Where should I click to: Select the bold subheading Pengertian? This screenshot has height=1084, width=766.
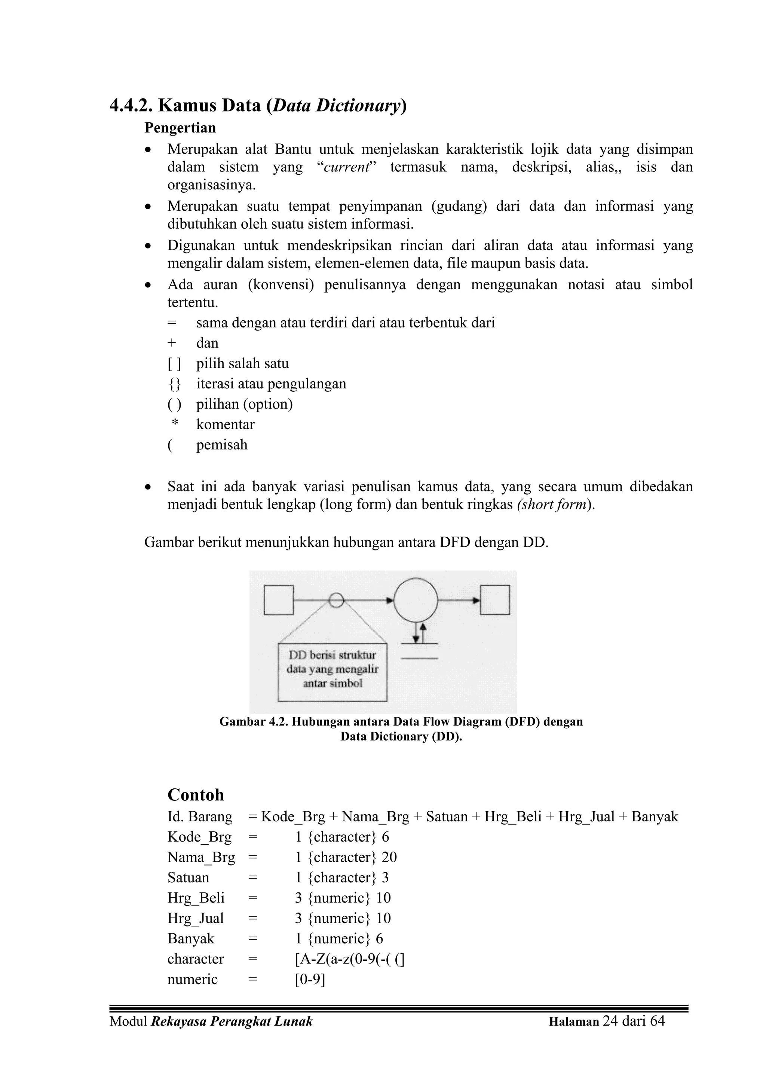coord(180,128)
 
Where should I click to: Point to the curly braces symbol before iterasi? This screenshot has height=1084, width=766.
coord(174,384)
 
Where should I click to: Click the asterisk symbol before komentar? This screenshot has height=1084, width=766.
coord(175,424)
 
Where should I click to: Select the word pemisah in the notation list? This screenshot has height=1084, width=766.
coord(221,445)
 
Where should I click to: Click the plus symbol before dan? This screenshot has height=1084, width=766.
coord(172,343)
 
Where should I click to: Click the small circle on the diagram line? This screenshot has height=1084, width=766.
coord(336,600)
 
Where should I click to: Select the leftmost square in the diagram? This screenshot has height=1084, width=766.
coord(278,600)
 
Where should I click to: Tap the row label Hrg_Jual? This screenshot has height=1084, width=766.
coord(195,918)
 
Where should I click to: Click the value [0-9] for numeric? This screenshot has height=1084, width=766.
coord(310,979)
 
